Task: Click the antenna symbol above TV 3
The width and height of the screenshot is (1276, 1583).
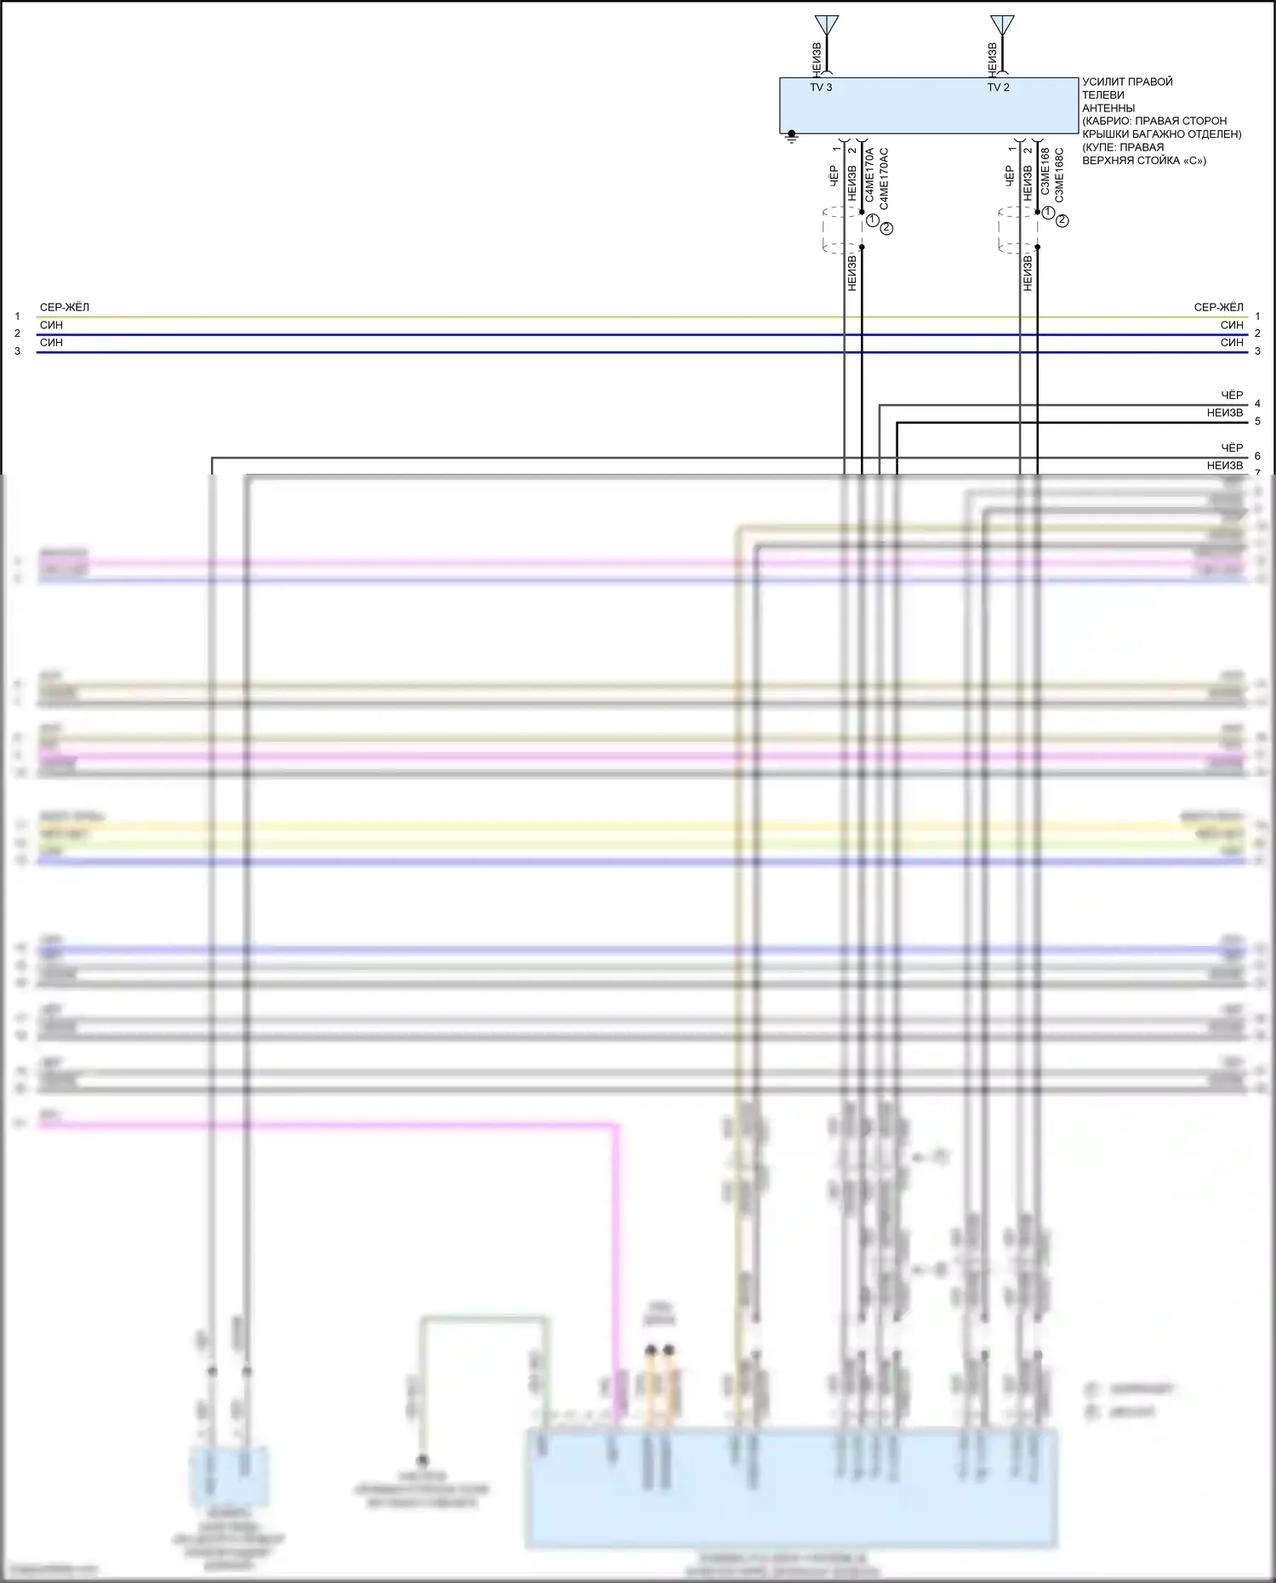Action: pyautogui.click(x=826, y=26)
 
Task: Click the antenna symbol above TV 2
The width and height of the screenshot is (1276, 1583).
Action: pyautogui.click(x=1002, y=26)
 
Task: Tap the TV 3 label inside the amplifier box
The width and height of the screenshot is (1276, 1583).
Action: pyautogui.click(x=821, y=88)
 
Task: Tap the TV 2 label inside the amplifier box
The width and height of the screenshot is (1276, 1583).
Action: pyautogui.click(x=998, y=88)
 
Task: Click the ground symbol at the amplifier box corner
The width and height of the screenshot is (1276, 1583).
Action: pyautogui.click(x=792, y=136)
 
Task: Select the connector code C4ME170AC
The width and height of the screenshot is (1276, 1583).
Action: pyautogui.click(x=884, y=179)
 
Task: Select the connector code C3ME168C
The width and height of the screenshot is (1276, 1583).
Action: pyautogui.click(x=1059, y=175)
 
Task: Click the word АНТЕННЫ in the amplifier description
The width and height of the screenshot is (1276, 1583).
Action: pyautogui.click(x=1108, y=108)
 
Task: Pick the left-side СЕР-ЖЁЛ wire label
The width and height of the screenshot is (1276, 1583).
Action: pyautogui.click(x=65, y=307)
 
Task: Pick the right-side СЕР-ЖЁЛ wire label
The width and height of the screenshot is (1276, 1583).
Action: pyautogui.click(x=1218, y=307)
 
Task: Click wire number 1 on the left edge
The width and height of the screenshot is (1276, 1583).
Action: pyautogui.click(x=17, y=316)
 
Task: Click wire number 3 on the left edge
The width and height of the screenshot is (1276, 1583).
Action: pyautogui.click(x=17, y=351)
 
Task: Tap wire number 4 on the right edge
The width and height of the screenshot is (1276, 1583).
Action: pyautogui.click(x=1257, y=404)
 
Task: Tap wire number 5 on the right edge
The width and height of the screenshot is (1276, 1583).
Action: pyautogui.click(x=1257, y=422)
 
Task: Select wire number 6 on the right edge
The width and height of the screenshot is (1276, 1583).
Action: pyautogui.click(x=1257, y=457)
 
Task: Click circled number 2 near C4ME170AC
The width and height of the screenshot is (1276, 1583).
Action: pyautogui.click(x=886, y=228)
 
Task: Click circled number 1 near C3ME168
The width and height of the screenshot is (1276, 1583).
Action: pyautogui.click(x=1048, y=213)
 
